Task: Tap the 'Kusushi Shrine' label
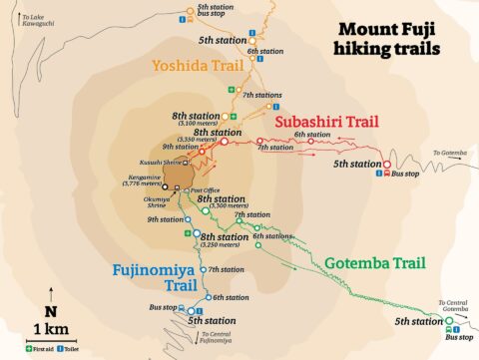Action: [147, 162]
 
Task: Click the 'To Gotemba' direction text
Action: [450, 153]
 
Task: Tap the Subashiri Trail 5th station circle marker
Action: [387, 165]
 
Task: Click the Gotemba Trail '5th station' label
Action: [416, 321]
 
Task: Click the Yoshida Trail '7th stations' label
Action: [262, 95]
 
